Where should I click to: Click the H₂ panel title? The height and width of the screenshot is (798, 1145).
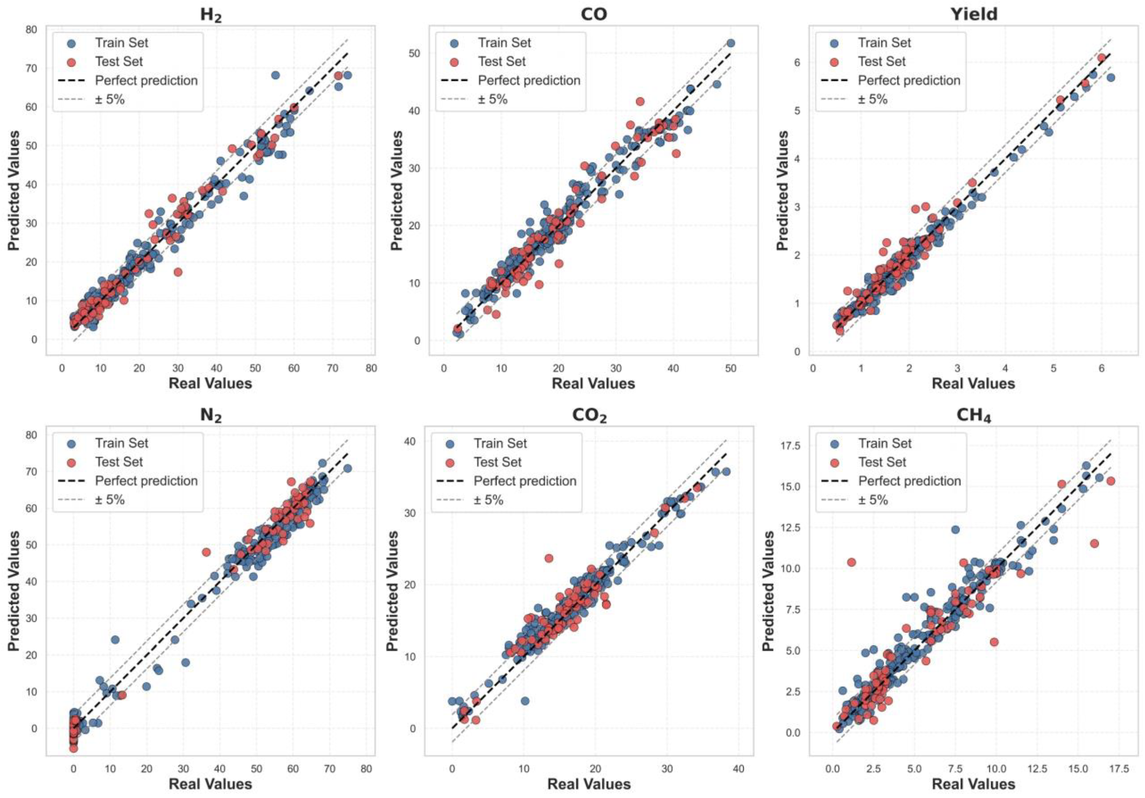[210, 15]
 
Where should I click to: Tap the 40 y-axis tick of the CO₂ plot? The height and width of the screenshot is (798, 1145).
[410, 441]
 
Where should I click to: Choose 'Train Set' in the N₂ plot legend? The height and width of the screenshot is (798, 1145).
[122, 443]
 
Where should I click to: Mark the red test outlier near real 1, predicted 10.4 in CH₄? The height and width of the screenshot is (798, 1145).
[851, 562]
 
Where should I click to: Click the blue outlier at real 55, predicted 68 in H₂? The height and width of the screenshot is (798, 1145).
[275, 75]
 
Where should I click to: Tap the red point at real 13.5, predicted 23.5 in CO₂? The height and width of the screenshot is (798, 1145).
[549, 558]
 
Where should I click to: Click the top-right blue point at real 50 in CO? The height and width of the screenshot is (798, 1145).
[730, 43]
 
